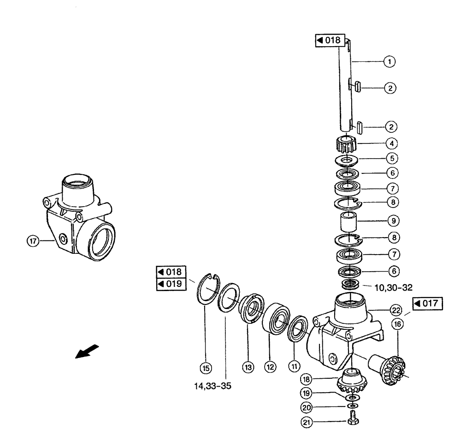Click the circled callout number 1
pyautogui.click(x=390, y=60)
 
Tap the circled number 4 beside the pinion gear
pyautogui.click(x=390, y=143)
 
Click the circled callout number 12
pyautogui.click(x=269, y=368)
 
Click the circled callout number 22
pyautogui.click(x=396, y=310)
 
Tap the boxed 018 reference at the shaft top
pyautogui.click(x=329, y=40)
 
